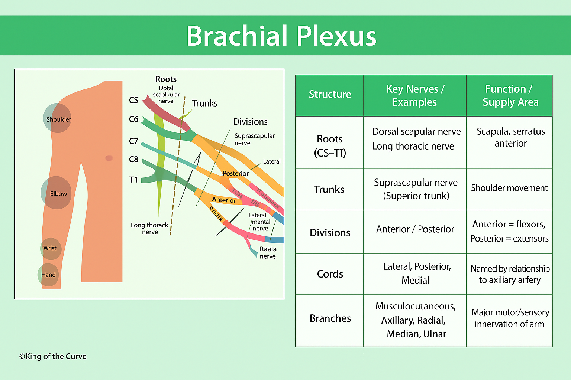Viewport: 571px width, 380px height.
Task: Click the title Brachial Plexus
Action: tap(281, 36)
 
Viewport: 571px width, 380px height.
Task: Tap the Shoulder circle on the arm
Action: tap(57, 118)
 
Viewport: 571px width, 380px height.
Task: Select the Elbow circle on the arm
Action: tap(56, 193)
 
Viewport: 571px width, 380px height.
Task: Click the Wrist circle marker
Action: tap(51, 248)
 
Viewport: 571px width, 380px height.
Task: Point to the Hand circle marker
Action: tap(48, 275)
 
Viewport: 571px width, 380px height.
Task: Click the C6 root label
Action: tap(133, 119)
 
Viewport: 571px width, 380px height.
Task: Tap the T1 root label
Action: tap(133, 180)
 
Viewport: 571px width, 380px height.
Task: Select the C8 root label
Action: tap(133, 160)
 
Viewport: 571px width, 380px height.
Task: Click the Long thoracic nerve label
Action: tap(149, 229)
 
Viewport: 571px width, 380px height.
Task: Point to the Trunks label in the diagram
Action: tap(204, 103)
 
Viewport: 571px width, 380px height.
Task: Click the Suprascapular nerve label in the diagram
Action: tap(254, 140)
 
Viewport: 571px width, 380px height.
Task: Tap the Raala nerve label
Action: tap(268, 253)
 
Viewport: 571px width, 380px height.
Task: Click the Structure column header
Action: tap(330, 95)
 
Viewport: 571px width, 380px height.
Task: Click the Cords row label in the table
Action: tap(330, 274)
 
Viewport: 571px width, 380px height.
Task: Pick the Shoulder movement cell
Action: tap(509, 188)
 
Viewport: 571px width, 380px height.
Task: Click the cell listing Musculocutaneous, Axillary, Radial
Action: tap(415, 320)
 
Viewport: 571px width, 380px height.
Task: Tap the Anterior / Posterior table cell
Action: tap(415, 229)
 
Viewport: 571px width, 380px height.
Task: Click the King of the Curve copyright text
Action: tap(53, 357)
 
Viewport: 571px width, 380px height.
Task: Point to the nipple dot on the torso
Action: tap(109, 158)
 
